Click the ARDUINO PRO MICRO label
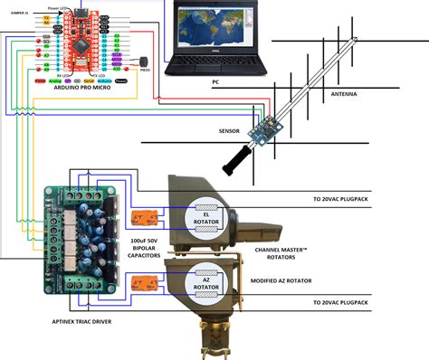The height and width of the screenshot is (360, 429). click(x=83, y=87)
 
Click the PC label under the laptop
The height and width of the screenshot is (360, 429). click(x=216, y=83)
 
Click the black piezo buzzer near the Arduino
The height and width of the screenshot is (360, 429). click(x=141, y=60)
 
